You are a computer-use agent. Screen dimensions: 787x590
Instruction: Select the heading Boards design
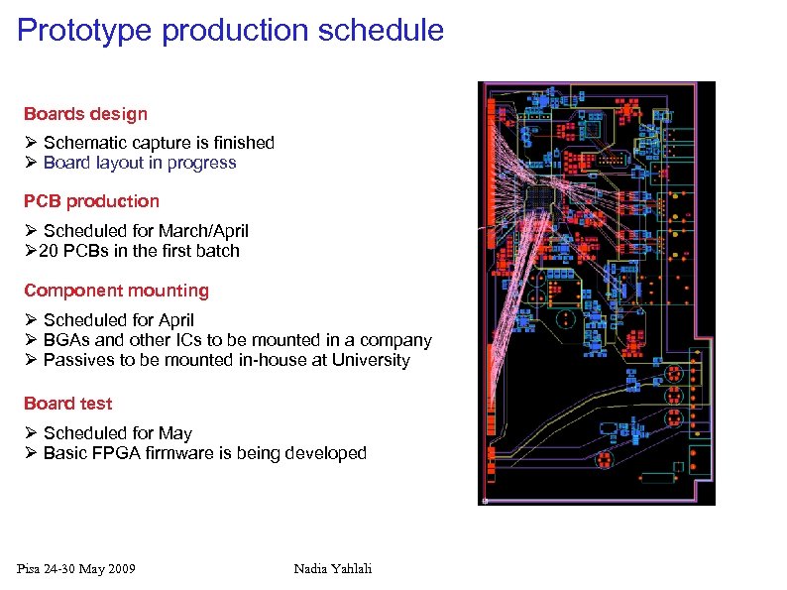tap(85, 114)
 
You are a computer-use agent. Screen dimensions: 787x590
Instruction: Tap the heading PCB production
tap(91, 201)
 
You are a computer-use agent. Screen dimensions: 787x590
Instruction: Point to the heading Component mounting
tap(116, 291)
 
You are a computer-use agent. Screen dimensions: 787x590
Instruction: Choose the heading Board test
tap(67, 404)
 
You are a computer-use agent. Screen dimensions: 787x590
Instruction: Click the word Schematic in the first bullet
tap(84, 143)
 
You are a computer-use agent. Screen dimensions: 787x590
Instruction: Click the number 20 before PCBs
tap(49, 251)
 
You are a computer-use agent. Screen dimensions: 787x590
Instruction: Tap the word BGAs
tap(66, 340)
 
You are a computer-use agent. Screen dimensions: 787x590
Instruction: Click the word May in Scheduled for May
tap(175, 433)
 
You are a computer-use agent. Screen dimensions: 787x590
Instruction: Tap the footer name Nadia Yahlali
tap(333, 568)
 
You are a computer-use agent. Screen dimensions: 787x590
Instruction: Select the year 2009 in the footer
tap(119, 568)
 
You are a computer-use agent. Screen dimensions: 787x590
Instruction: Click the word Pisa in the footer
tap(31, 568)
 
